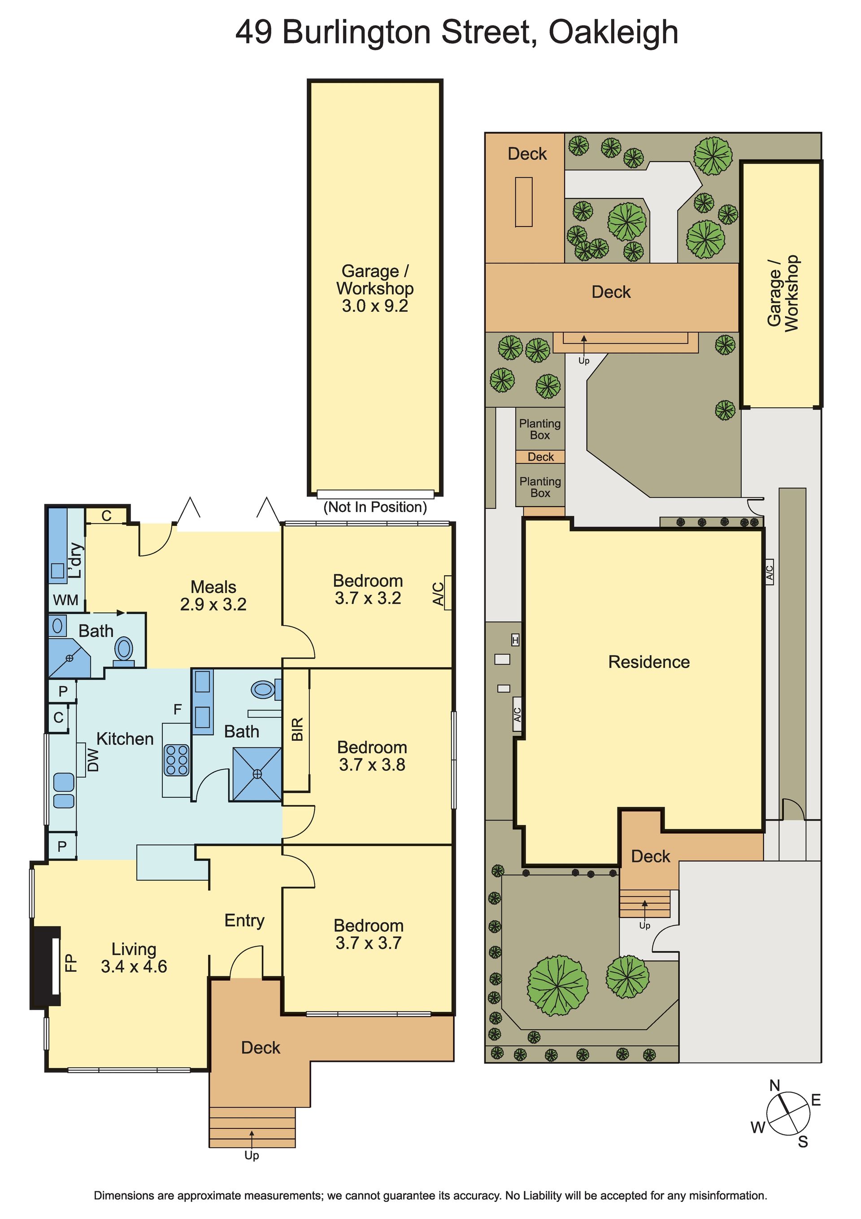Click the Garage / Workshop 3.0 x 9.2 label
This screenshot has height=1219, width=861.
pos(375,288)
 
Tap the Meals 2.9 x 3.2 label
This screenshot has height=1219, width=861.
pos(213,595)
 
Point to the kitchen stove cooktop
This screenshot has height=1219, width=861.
pos(177,760)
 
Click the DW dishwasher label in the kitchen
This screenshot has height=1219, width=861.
pos(93,760)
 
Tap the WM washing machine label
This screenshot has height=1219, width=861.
pos(66,600)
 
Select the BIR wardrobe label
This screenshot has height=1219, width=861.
pos(297,729)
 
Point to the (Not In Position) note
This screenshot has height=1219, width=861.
pos(375,507)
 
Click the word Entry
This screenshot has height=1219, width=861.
pos(244,921)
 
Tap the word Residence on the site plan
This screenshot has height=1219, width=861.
pos(649,662)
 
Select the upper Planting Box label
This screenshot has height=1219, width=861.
pos(540,429)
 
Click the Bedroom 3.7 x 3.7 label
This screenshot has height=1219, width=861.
pos(369,934)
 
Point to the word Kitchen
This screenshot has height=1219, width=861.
pos(125,738)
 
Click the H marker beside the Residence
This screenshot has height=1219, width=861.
pos(515,640)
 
